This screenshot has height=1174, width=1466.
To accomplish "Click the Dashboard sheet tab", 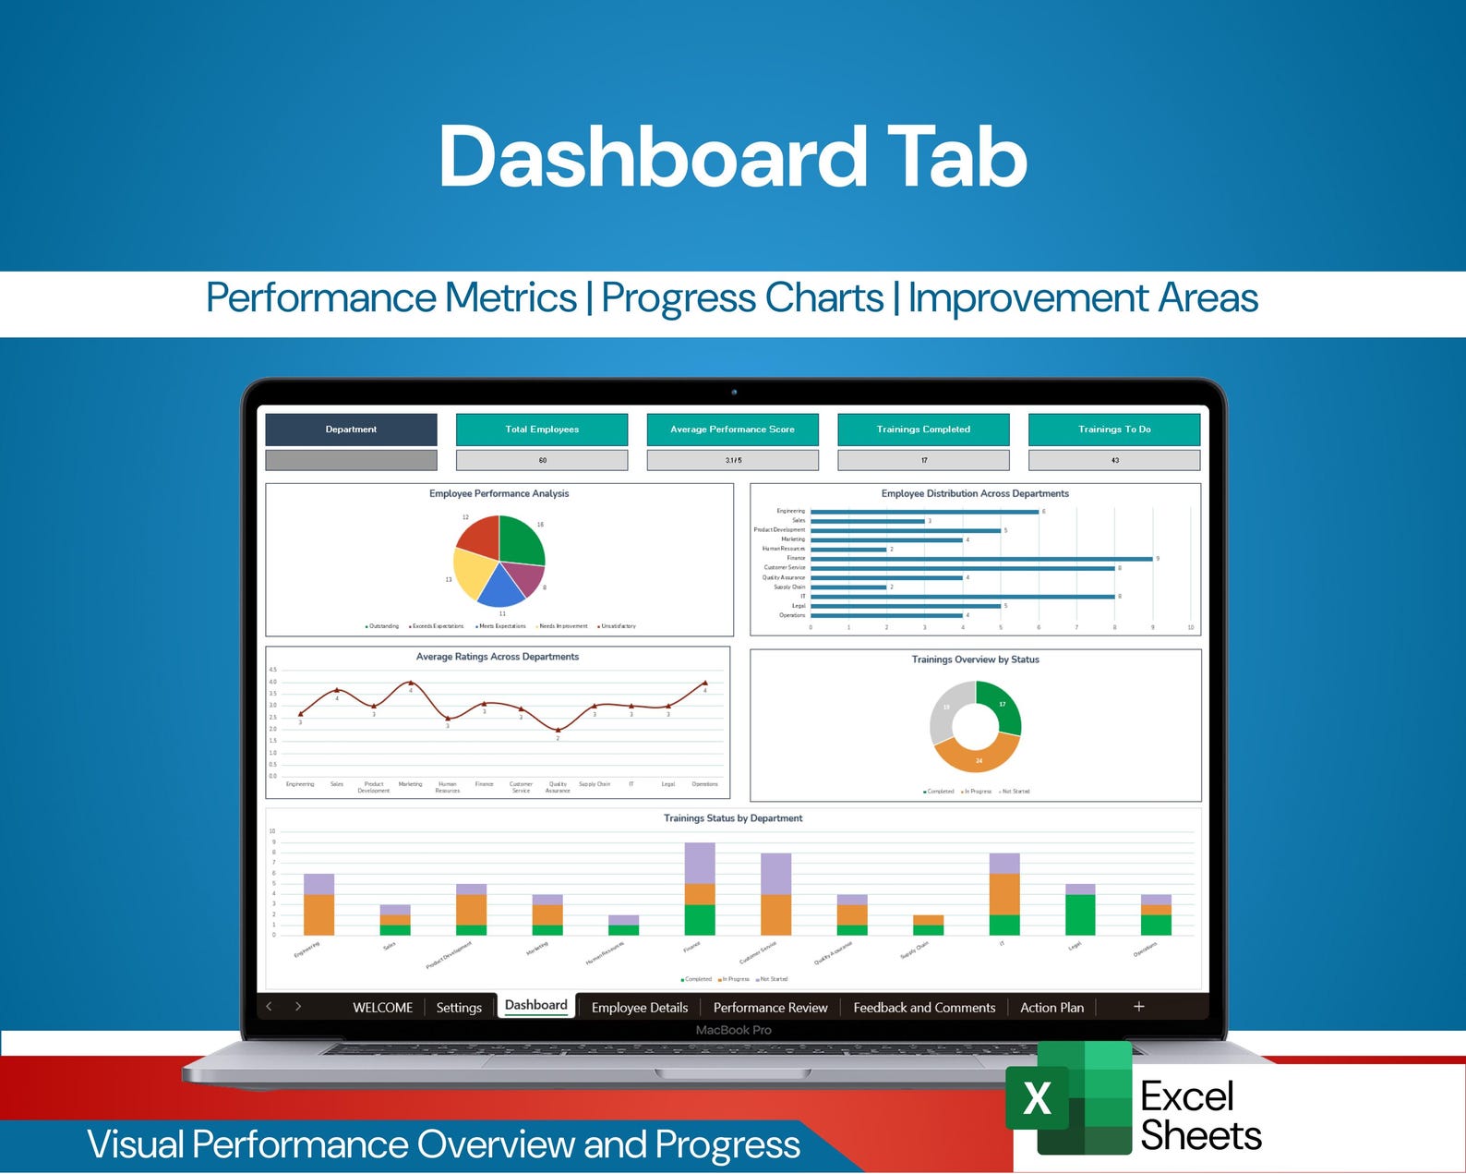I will (x=535, y=1005).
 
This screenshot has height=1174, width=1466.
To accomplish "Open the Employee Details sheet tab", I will (x=639, y=1008).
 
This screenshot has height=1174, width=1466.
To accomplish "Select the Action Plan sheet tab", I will (x=1051, y=1008).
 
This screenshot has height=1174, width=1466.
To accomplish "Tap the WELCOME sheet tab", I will (x=382, y=1008).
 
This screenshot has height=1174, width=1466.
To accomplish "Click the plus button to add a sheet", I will (x=1138, y=1007).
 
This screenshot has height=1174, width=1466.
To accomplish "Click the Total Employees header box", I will (x=542, y=430).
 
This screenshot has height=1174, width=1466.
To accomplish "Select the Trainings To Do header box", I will (x=1114, y=430).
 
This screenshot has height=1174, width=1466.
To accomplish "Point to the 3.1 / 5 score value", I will (x=732, y=460).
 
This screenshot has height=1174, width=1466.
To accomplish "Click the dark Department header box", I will (x=351, y=430).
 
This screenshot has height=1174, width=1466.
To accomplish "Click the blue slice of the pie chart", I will (x=500, y=586).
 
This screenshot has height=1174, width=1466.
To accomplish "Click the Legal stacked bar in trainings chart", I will (x=1080, y=913).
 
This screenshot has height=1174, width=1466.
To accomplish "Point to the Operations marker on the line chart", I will (x=705, y=683).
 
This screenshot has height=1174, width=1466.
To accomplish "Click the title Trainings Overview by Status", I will (x=975, y=660).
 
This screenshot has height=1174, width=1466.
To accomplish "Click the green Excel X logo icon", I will (x=1038, y=1098).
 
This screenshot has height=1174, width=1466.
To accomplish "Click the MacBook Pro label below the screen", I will (x=733, y=1030).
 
